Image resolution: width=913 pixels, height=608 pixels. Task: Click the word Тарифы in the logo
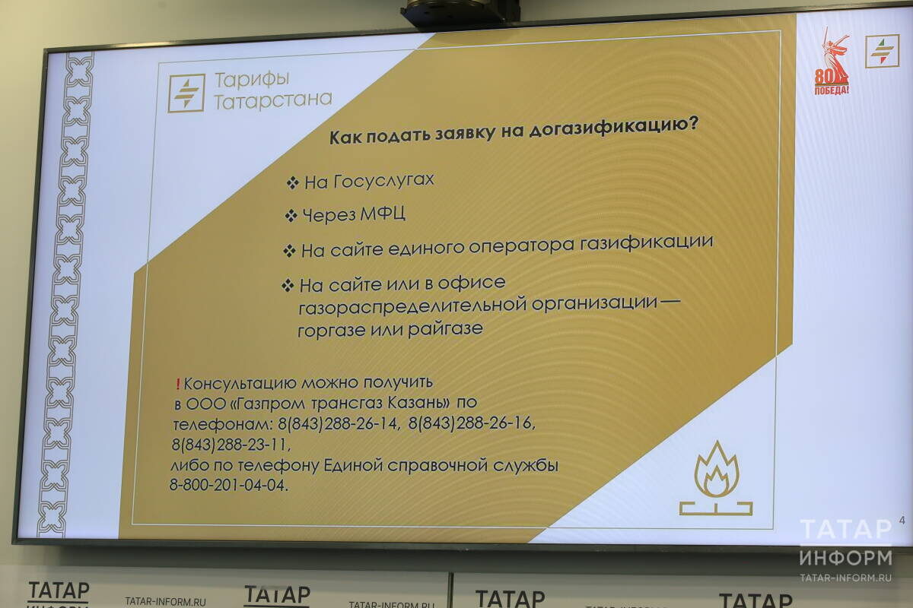(241, 80)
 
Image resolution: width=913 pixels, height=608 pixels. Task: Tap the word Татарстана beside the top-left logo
(273, 100)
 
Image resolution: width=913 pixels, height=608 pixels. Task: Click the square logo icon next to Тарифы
(186, 93)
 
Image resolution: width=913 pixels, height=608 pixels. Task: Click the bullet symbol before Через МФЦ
(290, 216)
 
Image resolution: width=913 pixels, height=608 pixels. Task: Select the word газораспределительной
(402, 306)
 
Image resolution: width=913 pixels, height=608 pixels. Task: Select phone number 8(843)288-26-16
(471, 423)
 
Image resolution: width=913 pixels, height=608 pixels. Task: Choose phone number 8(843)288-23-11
(231, 444)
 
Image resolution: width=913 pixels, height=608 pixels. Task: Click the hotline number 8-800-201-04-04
(230, 486)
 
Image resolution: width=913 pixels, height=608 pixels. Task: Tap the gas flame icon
(715, 480)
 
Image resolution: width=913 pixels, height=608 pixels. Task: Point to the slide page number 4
(902, 521)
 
